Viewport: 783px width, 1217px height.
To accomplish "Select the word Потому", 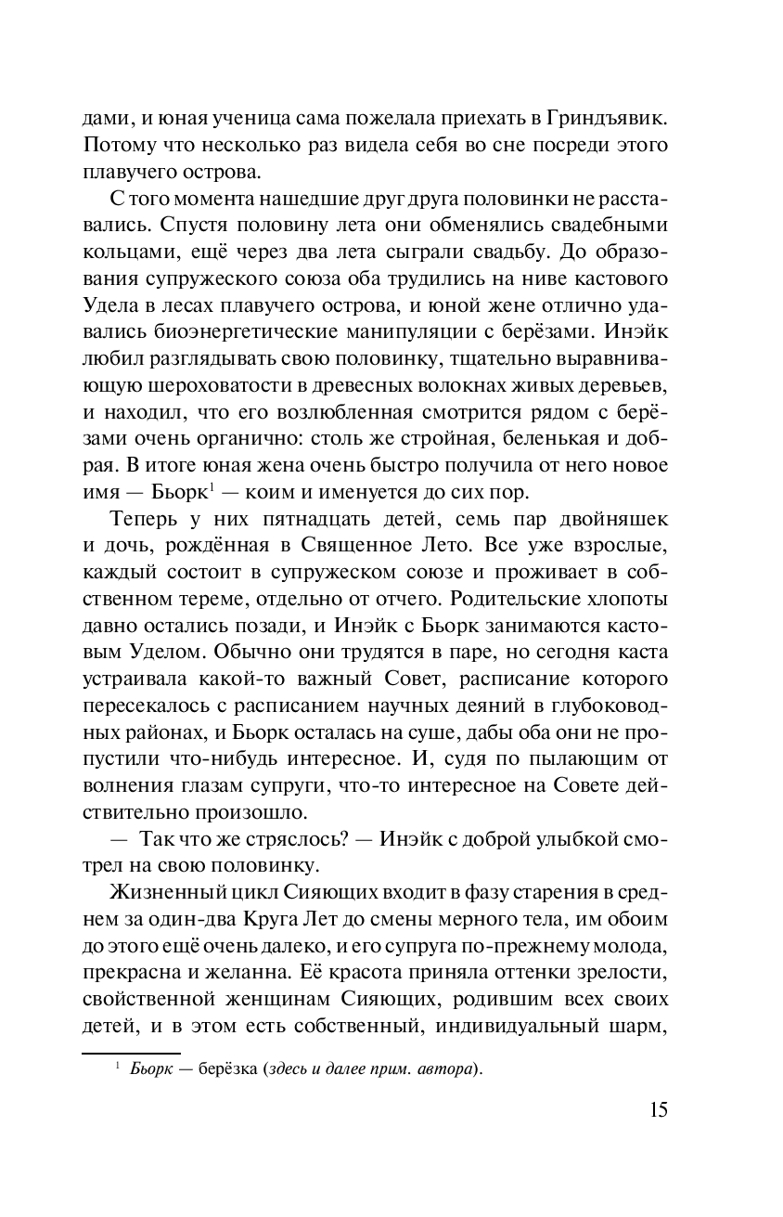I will point(116,146).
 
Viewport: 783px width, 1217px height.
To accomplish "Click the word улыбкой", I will point(579,838).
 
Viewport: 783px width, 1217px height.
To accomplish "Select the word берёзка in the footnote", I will point(229,1070).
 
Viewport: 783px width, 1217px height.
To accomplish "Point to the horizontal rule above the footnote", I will point(119,1053).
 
